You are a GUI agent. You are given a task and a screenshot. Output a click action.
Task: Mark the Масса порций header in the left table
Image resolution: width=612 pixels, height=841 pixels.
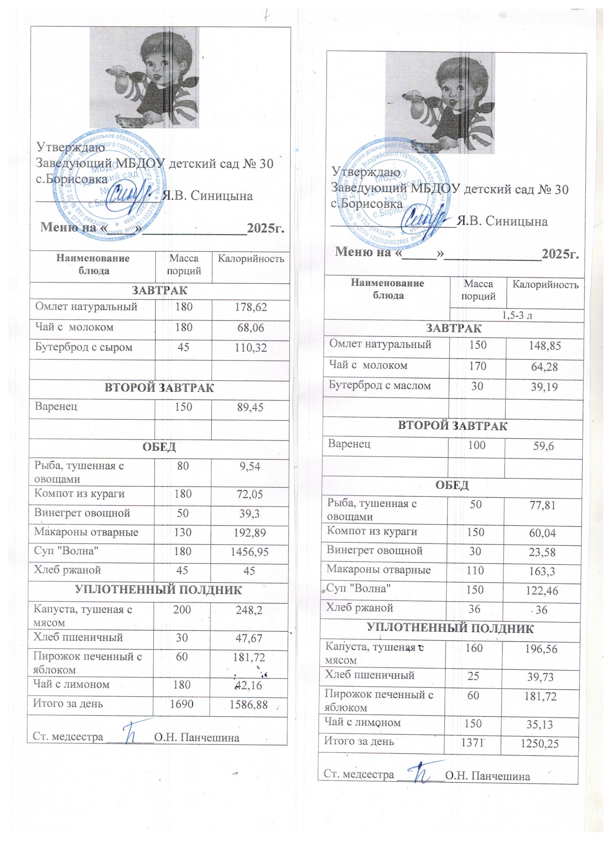tap(184, 264)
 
